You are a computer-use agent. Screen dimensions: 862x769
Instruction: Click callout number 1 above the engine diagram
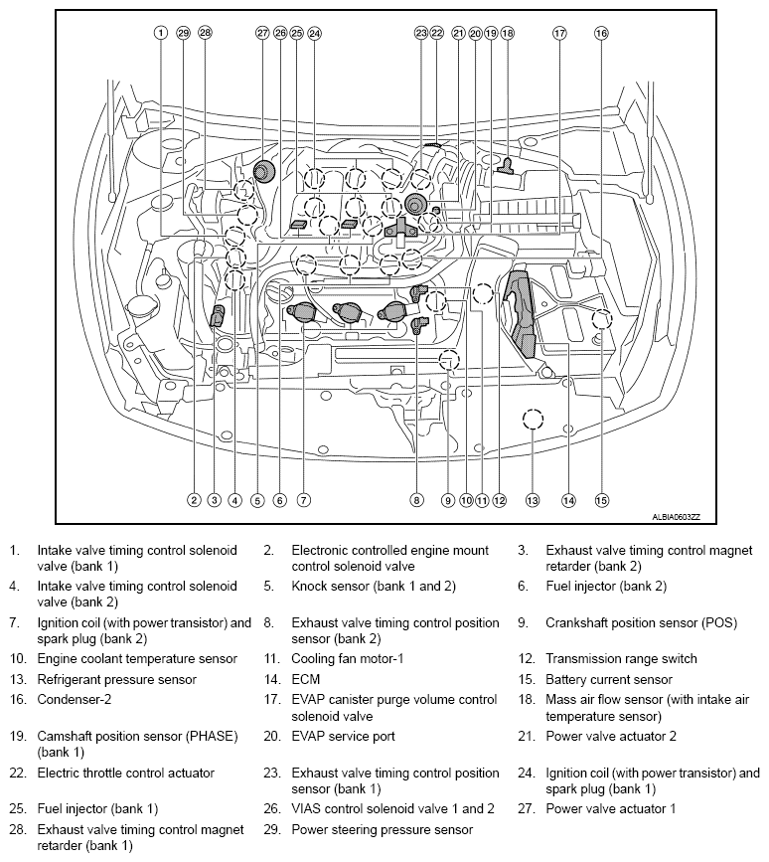coord(160,33)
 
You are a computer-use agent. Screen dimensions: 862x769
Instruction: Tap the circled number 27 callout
coord(262,33)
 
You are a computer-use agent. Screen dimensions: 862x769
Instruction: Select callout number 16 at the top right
coord(601,33)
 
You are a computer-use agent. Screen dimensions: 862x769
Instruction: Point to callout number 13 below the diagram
coord(533,500)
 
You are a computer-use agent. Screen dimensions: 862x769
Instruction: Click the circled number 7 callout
coord(304,500)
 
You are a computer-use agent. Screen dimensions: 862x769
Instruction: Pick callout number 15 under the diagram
coord(601,500)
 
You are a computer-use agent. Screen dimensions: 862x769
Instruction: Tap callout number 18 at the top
coord(508,33)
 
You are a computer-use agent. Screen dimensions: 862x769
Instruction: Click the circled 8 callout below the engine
coord(417,500)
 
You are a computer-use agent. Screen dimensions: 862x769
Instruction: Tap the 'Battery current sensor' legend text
coord(608,680)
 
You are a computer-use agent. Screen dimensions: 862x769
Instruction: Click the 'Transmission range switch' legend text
coord(621,658)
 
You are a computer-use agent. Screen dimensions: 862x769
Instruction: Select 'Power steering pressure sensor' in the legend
coord(382,829)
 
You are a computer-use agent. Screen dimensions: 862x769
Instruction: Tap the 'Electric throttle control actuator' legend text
coord(125,773)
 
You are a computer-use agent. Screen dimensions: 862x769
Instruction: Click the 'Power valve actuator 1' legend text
coord(610,808)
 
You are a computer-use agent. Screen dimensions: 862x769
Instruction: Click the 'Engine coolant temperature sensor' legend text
coord(137,658)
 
